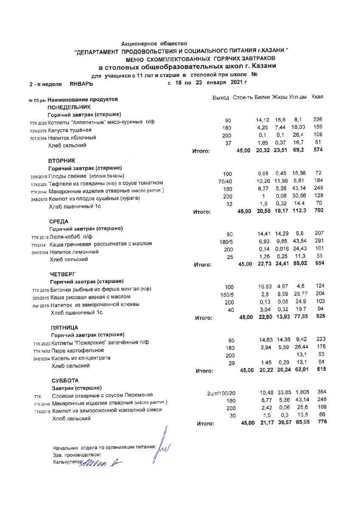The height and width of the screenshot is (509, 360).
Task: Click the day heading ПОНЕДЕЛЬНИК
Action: pos(69,107)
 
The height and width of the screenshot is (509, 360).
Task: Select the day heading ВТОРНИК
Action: pos(62,161)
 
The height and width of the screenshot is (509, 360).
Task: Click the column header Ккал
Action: pos(317,97)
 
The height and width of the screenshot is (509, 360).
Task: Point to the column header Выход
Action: pos(221,98)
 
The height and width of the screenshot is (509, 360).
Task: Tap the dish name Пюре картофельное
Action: pos(78,350)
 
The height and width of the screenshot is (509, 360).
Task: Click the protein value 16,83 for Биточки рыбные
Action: pos(265,287)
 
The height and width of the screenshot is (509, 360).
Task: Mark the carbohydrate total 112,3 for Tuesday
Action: pos(300,211)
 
